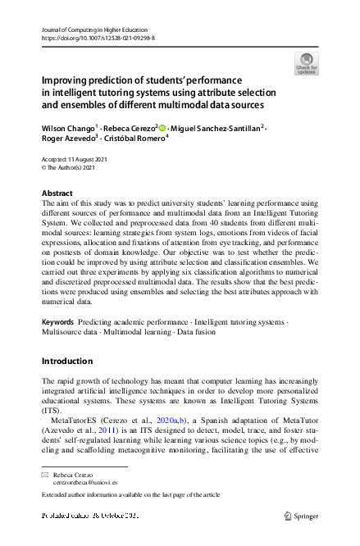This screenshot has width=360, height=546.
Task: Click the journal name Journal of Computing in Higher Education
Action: [93, 29]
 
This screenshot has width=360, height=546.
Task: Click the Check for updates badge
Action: [306, 64]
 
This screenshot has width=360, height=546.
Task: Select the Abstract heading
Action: [57, 193]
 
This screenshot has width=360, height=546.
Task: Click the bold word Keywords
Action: [60, 323]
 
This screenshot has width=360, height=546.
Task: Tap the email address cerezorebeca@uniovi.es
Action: [84, 484]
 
